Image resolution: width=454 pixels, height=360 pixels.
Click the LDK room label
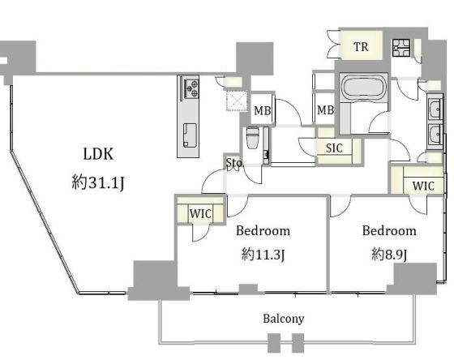(x=98, y=154)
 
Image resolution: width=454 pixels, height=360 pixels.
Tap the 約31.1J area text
(x=98, y=183)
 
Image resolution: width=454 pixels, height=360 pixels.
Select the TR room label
(x=361, y=47)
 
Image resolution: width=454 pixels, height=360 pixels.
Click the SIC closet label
(x=334, y=148)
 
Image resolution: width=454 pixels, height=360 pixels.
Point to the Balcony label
(x=284, y=319)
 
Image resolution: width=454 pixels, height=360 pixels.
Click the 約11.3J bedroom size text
(x=263, y=255)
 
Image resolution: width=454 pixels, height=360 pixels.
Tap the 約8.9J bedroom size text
(x=389, y=255)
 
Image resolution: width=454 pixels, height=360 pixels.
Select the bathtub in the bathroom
(x=364, y=88)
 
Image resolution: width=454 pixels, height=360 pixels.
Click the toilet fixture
(x=252, y=138)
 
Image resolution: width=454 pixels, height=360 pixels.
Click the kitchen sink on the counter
(x=190, y=135)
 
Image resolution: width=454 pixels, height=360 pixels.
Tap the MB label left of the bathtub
(x=325, y=110)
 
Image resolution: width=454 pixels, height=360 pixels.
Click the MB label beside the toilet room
(x=263, y=110)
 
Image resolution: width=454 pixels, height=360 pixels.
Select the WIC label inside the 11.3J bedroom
(x=200, y=214)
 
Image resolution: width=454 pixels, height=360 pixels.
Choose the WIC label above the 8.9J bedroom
(x=423, y=186)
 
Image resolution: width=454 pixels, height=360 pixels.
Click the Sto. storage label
(x=234, y=163)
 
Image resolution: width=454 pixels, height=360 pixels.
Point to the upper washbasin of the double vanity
(x=435, y=109)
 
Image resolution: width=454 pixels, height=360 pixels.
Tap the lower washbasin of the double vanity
(x=435, y=135)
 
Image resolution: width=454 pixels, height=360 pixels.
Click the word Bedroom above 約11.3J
(x=263, y=231)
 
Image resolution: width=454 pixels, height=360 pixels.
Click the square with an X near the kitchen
(x=237, y=101)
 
